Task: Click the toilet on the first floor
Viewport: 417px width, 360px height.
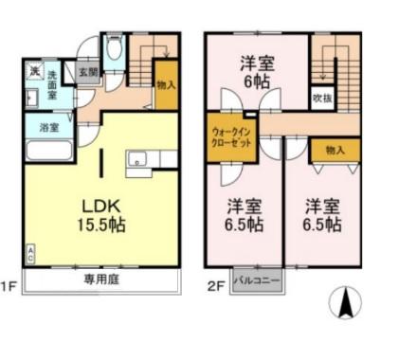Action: (x=115, y=49)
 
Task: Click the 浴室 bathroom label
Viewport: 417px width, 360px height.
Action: (x=46, y=127)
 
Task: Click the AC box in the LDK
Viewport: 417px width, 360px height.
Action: (x=29, y=252)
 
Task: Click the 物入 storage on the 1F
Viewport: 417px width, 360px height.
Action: (x=165, y=84)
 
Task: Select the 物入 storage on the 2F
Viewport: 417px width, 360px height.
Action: (x=334, y=149)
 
